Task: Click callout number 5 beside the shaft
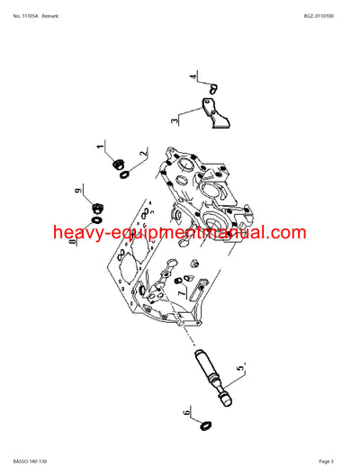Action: (x=239, y=369)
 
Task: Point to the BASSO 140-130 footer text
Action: (x=31, y=460)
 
